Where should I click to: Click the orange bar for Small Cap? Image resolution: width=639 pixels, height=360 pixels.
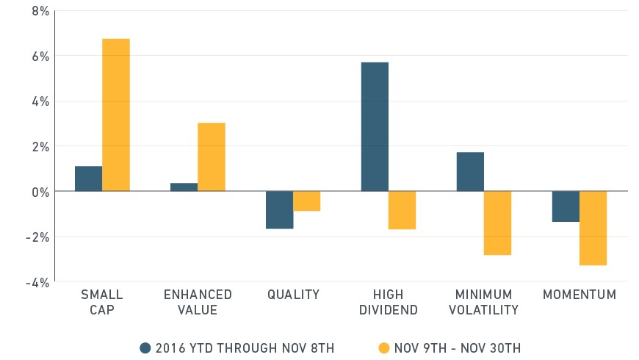(x=116, y=115)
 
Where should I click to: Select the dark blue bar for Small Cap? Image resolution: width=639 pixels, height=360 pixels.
(x=88, y=179)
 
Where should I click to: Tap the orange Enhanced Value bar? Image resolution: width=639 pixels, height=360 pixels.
(x=212, y=157)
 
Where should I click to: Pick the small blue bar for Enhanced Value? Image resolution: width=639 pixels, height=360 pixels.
(x=184, y=187)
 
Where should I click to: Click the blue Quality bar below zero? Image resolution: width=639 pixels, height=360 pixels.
(x=280, y=209)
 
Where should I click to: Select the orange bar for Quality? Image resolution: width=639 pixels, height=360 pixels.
(x=307, y=201)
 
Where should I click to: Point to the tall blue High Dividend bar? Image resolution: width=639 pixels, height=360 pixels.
(x=375, y=127)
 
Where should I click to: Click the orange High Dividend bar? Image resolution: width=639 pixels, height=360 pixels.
(x=402, y=210)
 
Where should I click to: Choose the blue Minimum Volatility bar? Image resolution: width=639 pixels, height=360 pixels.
(x=470, y=172)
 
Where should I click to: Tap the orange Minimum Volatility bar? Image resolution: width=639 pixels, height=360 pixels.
(x=497, y=223)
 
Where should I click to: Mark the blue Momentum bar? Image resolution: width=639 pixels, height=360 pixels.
(x=566, y=206)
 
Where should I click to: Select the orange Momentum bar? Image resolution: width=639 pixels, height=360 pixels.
(x=593, y=228)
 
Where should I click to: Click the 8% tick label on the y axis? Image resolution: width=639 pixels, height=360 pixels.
(x=40, y=11)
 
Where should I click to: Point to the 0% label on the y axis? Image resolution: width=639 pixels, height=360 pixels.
(x=40, y=192)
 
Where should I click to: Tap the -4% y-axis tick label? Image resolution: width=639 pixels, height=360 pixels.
(x=37, y=283)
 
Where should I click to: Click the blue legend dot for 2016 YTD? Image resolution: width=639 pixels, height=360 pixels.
(x=145, y=348)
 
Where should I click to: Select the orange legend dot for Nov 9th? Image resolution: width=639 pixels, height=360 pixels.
(x=384, y=348)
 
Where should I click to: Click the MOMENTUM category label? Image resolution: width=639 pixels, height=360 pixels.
(x=580, y=295)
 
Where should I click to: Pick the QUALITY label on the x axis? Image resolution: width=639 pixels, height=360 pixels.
(x=293, y=295)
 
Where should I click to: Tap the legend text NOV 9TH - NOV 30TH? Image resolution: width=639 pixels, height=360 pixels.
(x=458, y=348)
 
